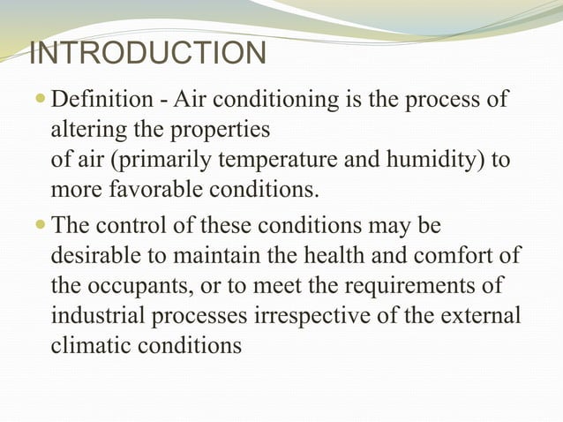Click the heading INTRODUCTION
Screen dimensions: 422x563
click(x=147, y=54)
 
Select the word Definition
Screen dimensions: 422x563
click(x=95, y=100)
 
